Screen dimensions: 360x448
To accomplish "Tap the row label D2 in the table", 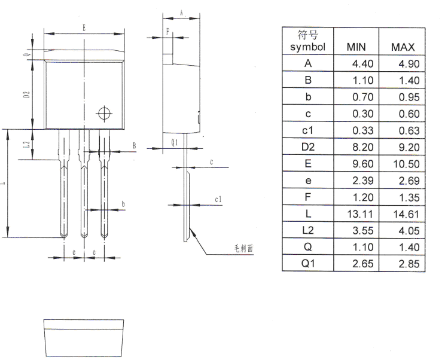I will [x=307, y=147].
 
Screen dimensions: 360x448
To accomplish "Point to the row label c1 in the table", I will [x=307, y=130].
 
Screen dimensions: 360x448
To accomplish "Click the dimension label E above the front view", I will [x=84, y=28].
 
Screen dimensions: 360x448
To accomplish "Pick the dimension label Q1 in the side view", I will [x=174, y=142].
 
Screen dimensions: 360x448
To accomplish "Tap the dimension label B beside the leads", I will [x=134, y=145].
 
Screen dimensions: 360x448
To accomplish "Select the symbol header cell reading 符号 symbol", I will [x=307, y=41].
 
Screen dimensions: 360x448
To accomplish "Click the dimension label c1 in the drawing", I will [x=218, y=199].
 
